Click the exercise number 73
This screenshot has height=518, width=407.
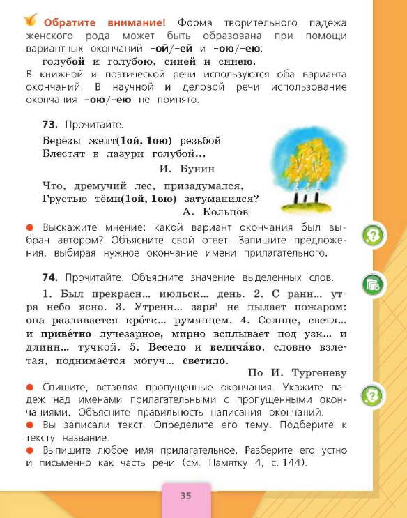49,124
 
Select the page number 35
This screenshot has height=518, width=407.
185,496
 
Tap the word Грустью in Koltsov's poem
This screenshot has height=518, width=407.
65,198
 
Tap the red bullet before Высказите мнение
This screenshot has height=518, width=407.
30,227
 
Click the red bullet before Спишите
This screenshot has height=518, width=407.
30,386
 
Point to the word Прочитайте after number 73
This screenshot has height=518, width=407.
92,124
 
